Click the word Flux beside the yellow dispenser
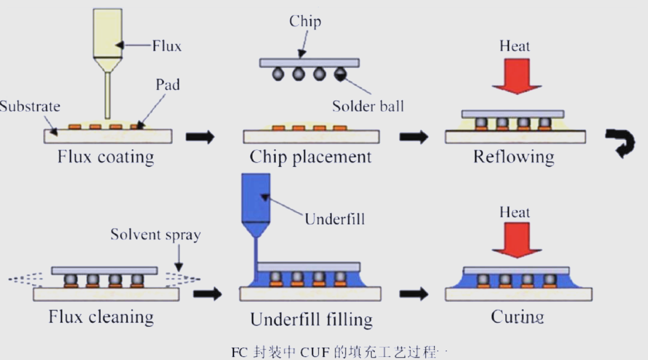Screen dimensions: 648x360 pos(167,46)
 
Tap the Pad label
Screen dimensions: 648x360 pos(167,85)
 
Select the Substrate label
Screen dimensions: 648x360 pos(30,106)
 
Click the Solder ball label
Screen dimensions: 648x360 pos(368,106)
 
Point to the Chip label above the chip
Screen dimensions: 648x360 pos(305,22)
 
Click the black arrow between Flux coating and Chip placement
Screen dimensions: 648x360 pos(200,137)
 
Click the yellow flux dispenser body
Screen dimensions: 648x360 pos(107,33)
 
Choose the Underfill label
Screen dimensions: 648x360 pos(335,218)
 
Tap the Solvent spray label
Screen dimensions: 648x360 pos(155,235)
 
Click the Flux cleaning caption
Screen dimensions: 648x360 pos(101,317)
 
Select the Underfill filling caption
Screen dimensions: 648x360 pos(311,319)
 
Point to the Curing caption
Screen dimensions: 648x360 pos(517,317)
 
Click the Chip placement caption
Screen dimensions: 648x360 pos(310,157)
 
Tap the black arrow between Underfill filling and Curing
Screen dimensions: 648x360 pos(413,294)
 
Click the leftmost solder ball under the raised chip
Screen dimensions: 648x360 pos(278,74)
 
